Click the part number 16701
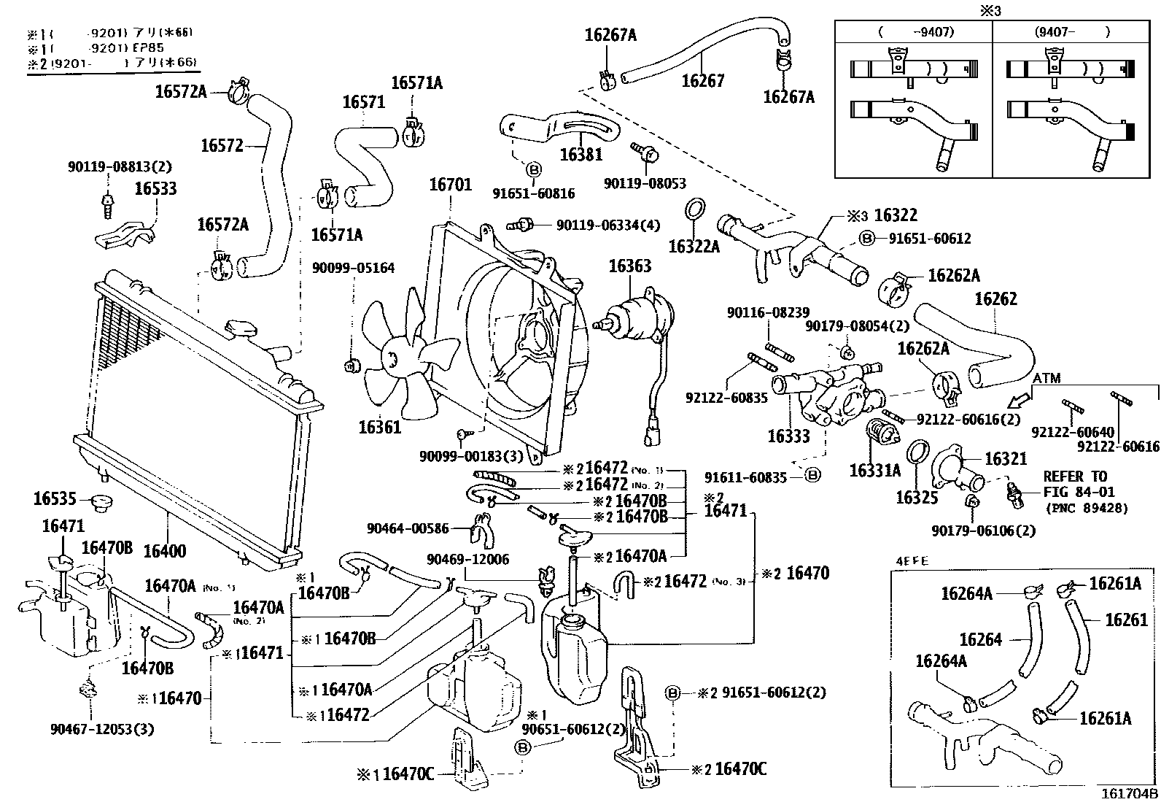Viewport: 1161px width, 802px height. click(x=450, y=185)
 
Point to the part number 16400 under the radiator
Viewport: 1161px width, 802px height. click(x=164, y=551)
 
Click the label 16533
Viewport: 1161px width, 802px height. click(x=155, y=189)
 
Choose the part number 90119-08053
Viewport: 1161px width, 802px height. click(x=645, y=184)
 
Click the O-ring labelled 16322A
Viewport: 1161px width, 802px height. click(x=694, y=246)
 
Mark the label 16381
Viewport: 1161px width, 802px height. click(x=581, y=154)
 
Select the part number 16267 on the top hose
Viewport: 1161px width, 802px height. click(x=703, y=80)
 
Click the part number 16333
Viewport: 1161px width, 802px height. click(x=788, y=436)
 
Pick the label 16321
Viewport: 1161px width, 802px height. click(x=1006, y=458)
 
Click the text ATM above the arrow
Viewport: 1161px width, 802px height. click(x=1047, y=378)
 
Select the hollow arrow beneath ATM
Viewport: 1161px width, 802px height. click(x=1019, y=399)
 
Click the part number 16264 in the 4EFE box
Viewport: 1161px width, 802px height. click(x=981, y=639)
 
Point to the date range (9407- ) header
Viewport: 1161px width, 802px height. click(x=1072, y=31)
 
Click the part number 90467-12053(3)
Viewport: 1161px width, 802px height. click(x=103, y=728)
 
